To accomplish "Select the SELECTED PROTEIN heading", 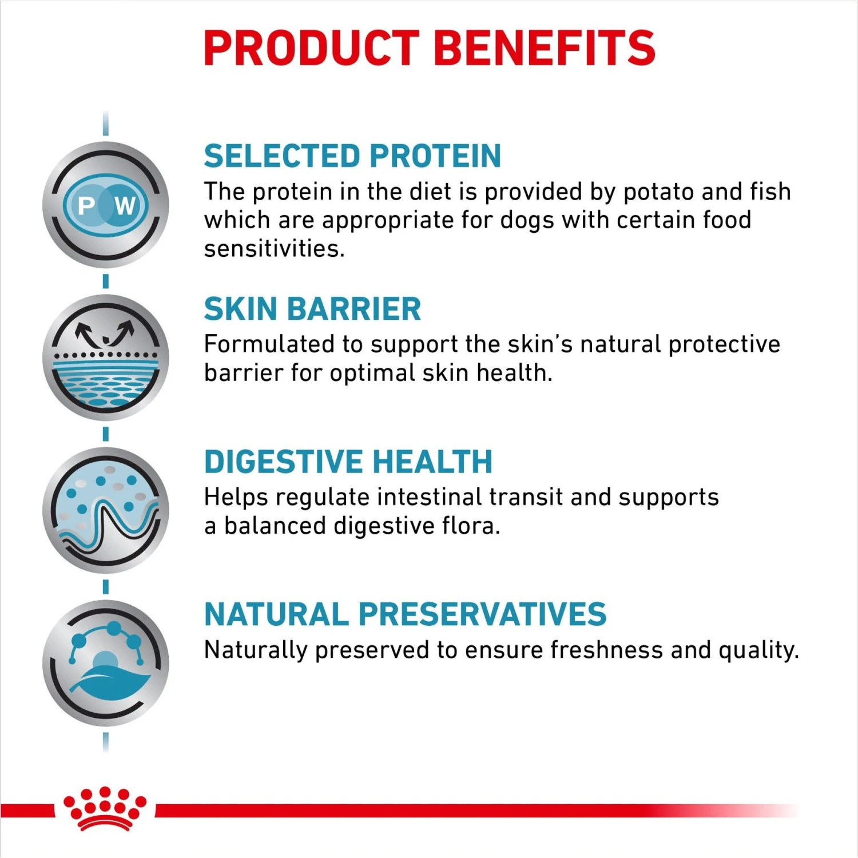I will [352, 156].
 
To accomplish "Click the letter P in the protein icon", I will [86, 205].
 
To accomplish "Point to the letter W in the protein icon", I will [125, 205].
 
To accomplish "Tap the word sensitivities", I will [275, 249].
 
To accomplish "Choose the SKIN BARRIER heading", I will [312, 309].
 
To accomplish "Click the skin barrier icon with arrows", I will [106, 357].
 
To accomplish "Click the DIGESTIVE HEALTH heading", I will [348, 462].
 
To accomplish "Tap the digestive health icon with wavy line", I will [106, 510].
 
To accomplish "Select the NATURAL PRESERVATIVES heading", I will [405, 614].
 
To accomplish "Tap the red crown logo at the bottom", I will [105, 808].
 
